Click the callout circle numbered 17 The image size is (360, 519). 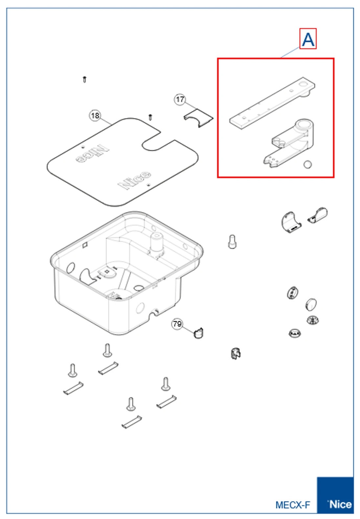coord(180,99)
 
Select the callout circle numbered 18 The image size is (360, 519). coord(95,115)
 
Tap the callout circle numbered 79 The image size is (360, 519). coord(177,324)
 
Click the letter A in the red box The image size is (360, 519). coord(308,39)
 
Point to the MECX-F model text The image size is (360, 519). coord(293,505)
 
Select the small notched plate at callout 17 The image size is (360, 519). coord(198,118)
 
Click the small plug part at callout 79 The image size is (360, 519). coord(198,333)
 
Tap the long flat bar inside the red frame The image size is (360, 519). coord(272,103)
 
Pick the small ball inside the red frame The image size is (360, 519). coord(308,164)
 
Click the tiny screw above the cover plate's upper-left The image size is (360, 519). coord(85,79)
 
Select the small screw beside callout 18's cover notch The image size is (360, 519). coord(150,117)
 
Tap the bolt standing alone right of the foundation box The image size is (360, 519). coord(232,242)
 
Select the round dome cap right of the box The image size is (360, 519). coord(311,304)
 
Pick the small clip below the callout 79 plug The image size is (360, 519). coord(236,354)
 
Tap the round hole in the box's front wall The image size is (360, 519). coord(140,308)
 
